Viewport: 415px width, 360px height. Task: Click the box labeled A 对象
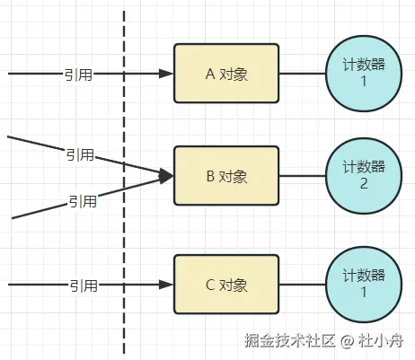coord(226,74)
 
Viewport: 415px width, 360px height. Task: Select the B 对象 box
coord(226,176)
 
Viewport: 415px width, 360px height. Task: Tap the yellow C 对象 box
coord(226,285)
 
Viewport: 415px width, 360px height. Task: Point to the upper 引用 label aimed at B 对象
coord(79,154)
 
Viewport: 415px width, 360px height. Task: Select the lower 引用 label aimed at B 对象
coord(83,201)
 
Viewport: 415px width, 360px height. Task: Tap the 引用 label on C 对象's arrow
coord(84,285)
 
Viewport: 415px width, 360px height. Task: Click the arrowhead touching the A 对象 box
coord(166,74)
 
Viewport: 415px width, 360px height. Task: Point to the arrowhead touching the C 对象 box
coord(166,285)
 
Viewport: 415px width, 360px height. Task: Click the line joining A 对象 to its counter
coord(304,74)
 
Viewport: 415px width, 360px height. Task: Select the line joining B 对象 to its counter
coord(304,176)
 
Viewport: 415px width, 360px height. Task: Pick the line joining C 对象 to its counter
coord(304,285)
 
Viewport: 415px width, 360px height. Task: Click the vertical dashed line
coord(123,233)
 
